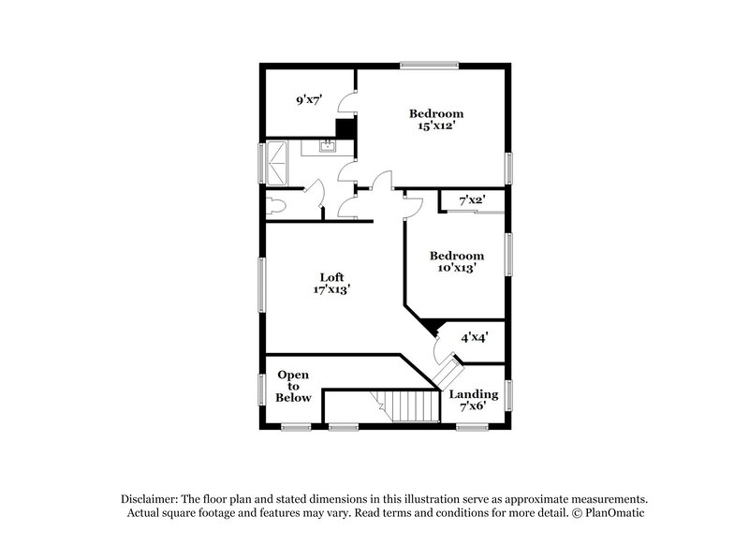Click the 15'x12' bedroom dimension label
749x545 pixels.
[x=436, y=125]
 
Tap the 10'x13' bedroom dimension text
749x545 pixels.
[x=456, y=267]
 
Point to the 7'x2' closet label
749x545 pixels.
[x=471, y=200]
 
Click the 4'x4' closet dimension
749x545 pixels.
[x=474, y=338]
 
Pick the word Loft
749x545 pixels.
[x=331, y=277]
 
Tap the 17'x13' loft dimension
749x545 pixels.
[x=331, y=289]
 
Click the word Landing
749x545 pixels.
[x=473, y=394]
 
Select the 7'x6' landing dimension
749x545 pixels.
[x=473, y=407]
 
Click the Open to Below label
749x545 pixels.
[x=293, y=386]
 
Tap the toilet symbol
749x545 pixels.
[x=275, y=205]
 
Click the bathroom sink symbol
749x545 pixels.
[x=328, y=146]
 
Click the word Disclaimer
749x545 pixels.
[x=152, y=499]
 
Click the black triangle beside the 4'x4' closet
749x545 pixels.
[x=431, y=326]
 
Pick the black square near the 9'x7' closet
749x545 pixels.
[x=345, y=129]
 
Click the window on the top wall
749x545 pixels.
[x=428, y=65]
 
